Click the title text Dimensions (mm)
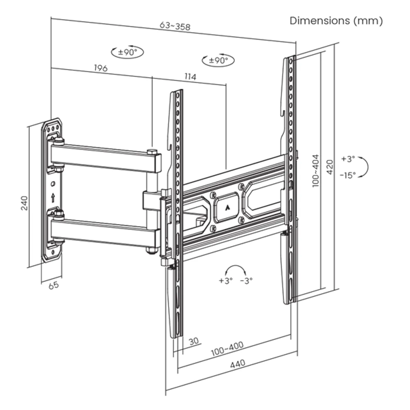point(336,21)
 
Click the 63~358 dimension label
point(175,26)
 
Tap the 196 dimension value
point(101,68)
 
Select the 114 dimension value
point(190,77)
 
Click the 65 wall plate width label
point(54,285)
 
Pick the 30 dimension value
point(194,341)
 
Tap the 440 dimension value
point(237,364)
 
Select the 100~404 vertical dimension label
point(315,170)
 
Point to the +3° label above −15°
point(348,159)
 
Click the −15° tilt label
point(348,175)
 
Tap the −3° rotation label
point(246,281)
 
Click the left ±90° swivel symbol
point(127,52)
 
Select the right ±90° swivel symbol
point(218,60)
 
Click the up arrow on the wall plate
point(53,197)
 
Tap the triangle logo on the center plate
point(227,207)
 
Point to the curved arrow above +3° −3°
point(237,269)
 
